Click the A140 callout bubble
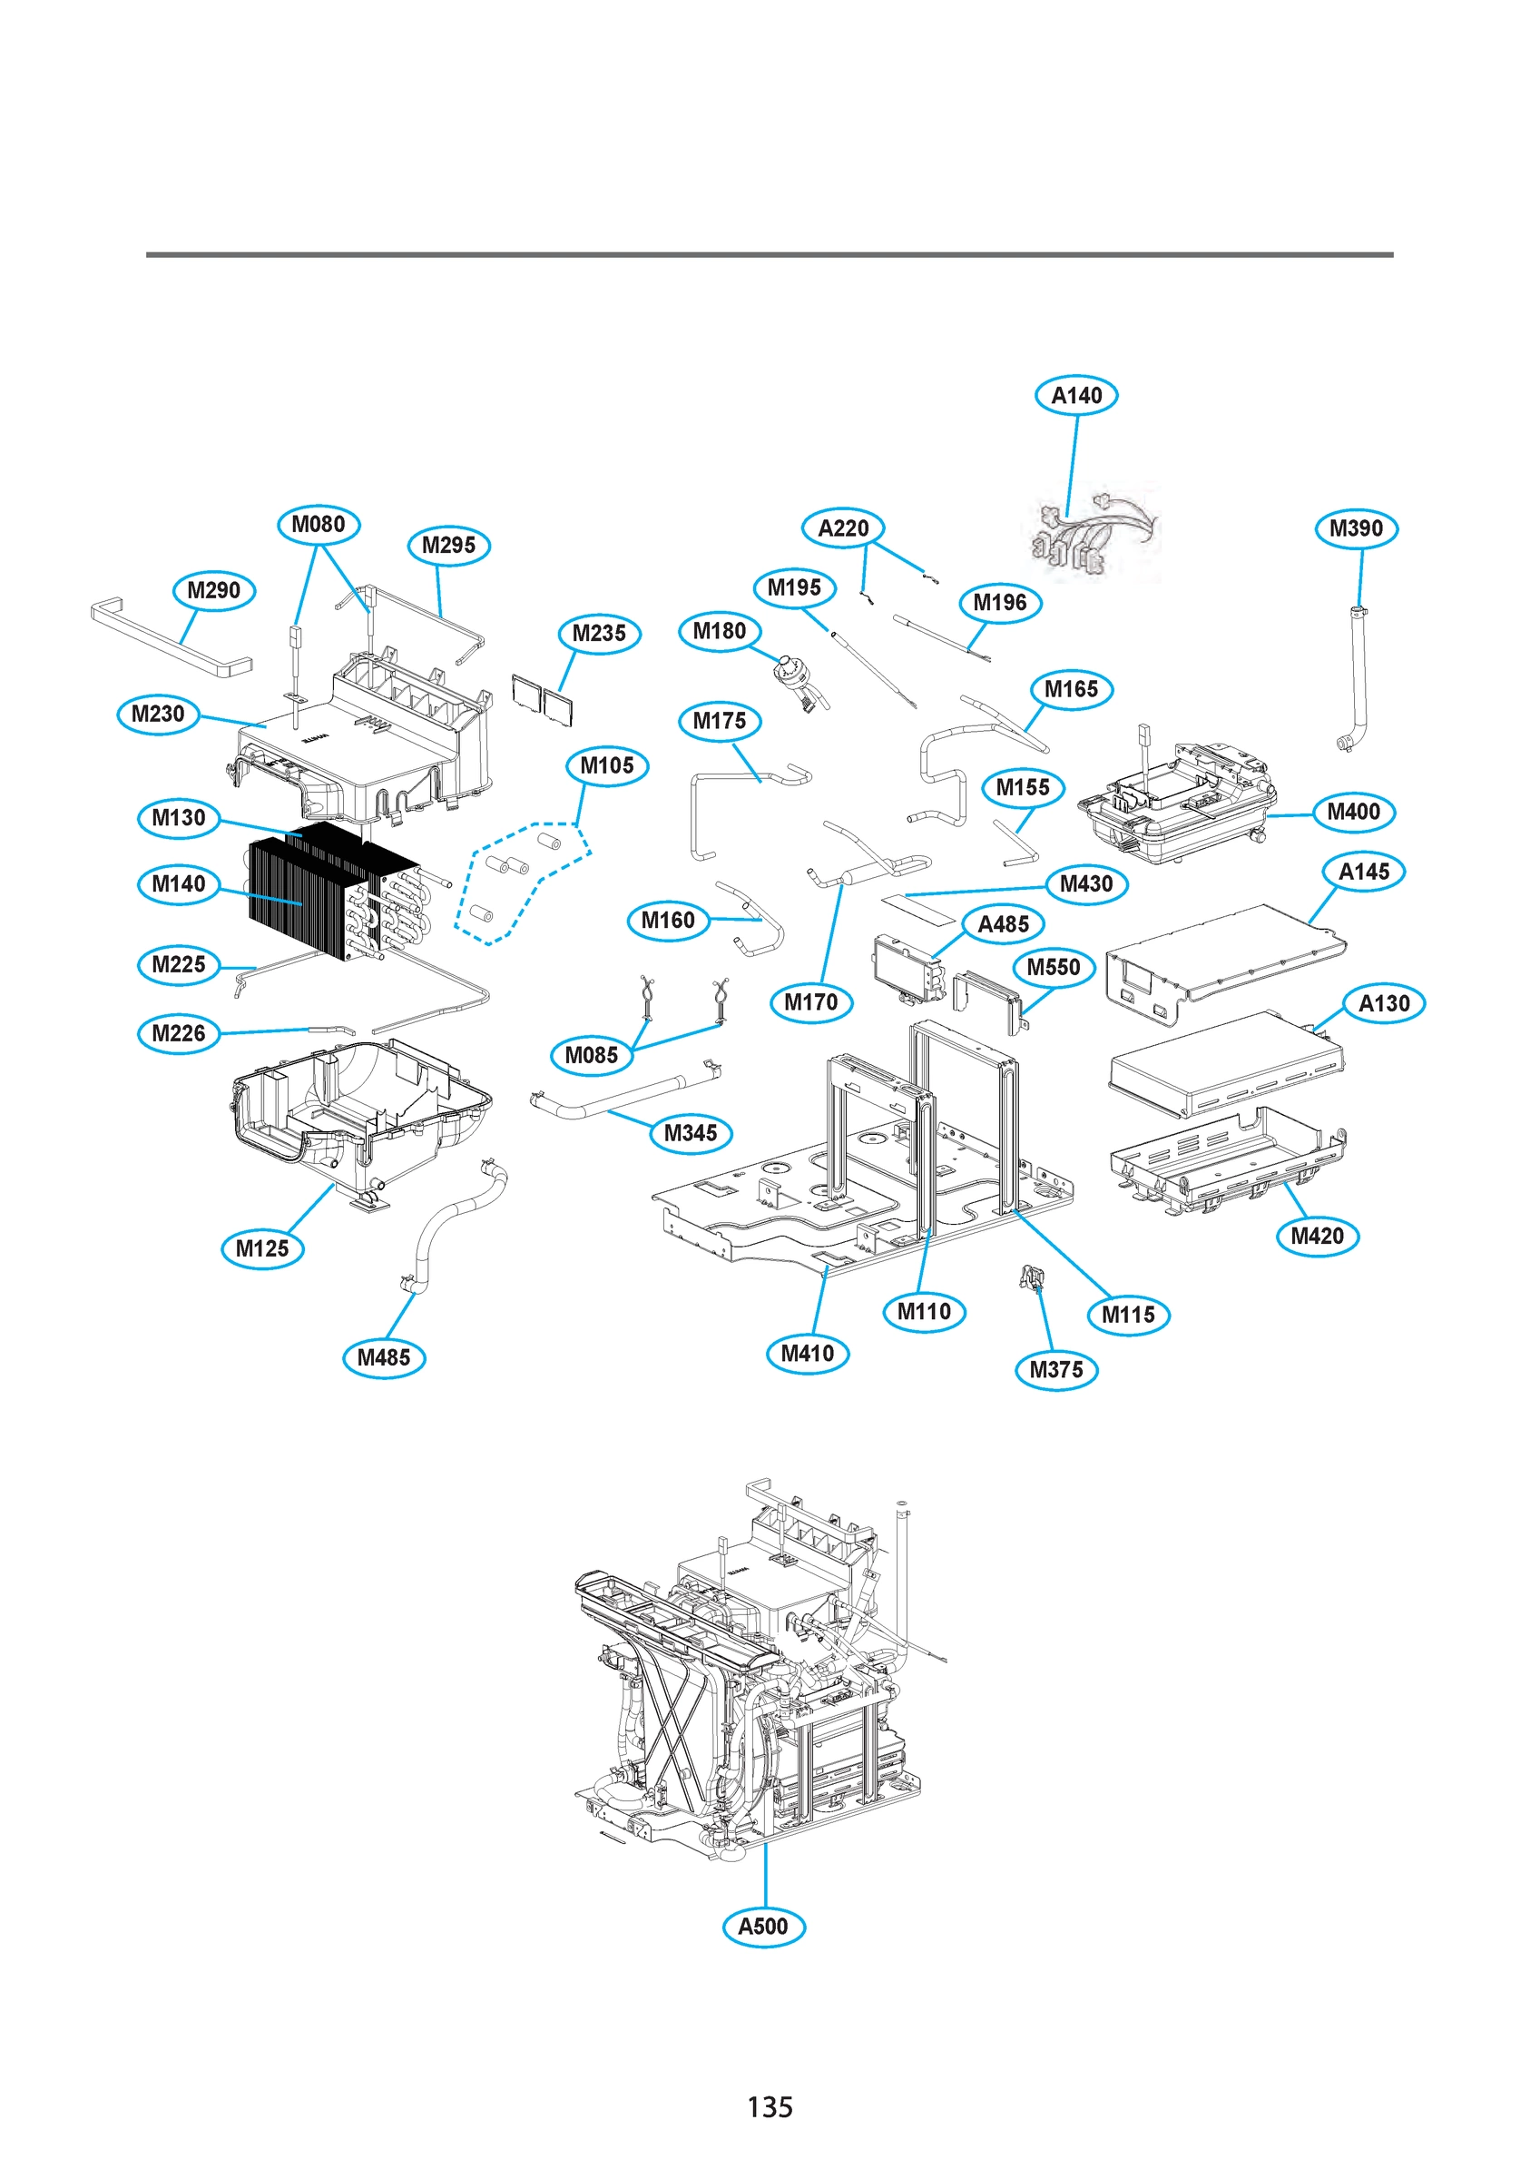(1075, 396)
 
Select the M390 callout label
(1355, 528)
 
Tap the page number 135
(769, 2107)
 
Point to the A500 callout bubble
(763, 1927)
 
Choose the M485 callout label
(383, 1357)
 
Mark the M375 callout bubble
(1055, 1369)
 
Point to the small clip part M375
(1033, 1277)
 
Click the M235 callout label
(599, 633)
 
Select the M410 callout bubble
(807, 1354)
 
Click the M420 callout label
(1317, 1236)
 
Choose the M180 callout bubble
(720, 631)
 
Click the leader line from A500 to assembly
(765, 1874)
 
